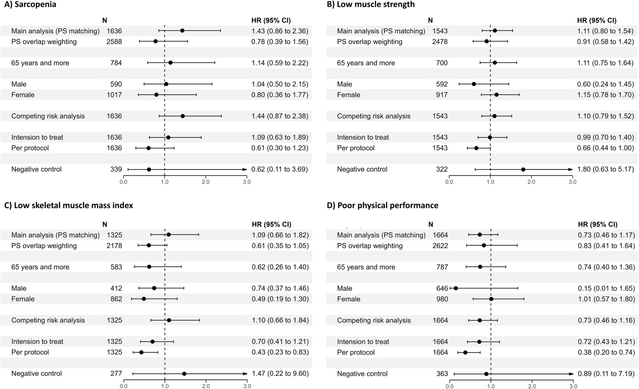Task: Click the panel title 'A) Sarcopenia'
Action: tap(30, 4)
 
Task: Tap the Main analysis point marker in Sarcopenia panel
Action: tap(182, 31)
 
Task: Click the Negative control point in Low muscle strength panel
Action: tap(523, 169)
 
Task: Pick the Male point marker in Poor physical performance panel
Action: tap(456, 289)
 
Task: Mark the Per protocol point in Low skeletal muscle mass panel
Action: tap(141, 352)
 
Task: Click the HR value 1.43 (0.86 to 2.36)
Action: tap(280, 31)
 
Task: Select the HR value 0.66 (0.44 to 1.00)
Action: tap(605, 148)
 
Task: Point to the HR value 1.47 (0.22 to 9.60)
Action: tap(280, 374)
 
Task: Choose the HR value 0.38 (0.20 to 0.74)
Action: tap(606, 352)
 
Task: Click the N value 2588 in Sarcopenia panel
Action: tap(114, 42)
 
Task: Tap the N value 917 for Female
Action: tap(442, 95)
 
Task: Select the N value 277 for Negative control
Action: tap(116, 374)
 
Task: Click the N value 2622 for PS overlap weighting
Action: tap(440, 246)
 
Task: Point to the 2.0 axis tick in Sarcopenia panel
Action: tap(206, 182)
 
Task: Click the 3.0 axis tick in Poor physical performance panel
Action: tap(573, 386)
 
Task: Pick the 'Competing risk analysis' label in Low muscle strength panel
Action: tap(374, 116)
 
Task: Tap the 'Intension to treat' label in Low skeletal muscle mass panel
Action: tap(37, 342)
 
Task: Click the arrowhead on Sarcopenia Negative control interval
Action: tap(245, 169)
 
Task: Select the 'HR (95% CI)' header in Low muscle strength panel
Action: tap(597, 20)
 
